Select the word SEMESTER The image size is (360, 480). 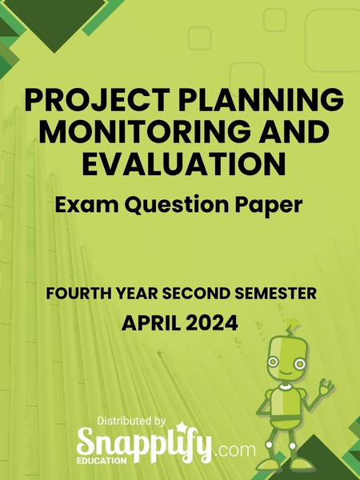pyautogui.click(x=272, y=294)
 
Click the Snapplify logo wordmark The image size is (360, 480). pyautogui.click(x=144, y=442)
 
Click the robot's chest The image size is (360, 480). pyautogui.click(x=288, y=404)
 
